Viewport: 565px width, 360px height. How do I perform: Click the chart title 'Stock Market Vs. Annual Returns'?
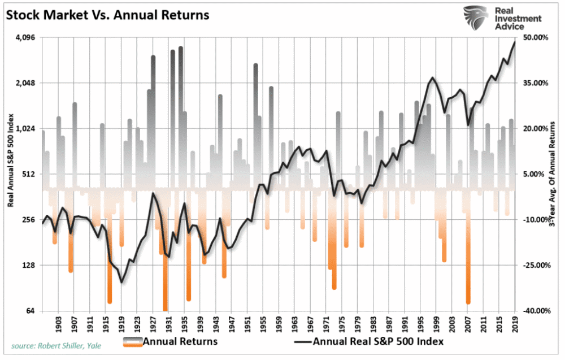(108, 15)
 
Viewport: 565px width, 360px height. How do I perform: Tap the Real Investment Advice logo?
(502, 19)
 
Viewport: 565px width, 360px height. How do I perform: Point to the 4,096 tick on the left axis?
(24, 38)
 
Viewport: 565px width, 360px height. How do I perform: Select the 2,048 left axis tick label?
(24, 83)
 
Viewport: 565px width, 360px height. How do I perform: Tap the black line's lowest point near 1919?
(121, 282)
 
